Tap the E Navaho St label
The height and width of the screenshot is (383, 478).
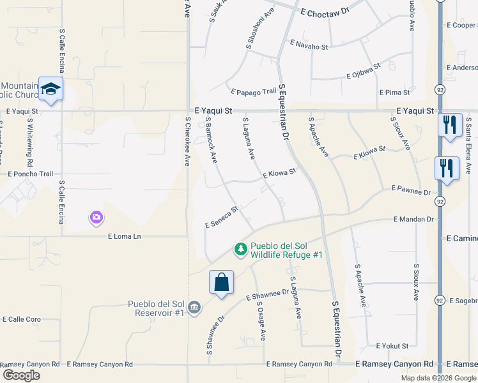point(309,46)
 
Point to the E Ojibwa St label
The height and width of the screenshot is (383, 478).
point(362,70)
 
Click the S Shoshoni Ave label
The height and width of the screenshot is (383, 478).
point(260,29)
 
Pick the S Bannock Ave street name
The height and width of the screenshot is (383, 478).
point(212,133)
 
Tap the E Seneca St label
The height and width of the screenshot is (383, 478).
point(221,217)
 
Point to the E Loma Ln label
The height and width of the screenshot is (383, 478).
point(124,236)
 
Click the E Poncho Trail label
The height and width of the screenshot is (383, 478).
point(30,174)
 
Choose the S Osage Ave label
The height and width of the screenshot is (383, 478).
point(261,320)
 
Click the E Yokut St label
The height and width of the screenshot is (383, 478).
point(392,346)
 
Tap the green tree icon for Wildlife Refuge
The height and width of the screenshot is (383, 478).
point(241,249)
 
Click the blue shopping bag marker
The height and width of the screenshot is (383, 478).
point(221,282)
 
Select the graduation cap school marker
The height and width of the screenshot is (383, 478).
point(50,89)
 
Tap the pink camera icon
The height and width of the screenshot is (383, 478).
point(96,218)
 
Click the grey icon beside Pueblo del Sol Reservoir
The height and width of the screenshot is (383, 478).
point(194,308)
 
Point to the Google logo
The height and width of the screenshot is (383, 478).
point(21,375)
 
